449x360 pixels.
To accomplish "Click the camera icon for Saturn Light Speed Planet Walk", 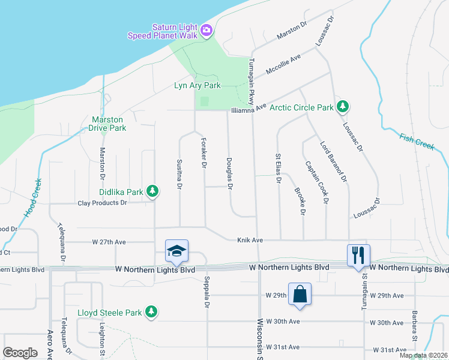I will click(x=206, y=30).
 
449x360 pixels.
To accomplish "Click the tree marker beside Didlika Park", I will click(x=153, y=191).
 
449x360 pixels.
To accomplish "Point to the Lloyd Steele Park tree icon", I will click(x=152, y=311).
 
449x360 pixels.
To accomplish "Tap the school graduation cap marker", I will click(x=176, y=251).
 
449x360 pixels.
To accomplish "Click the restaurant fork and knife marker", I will click(x=358, y=255).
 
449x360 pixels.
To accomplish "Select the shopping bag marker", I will click(x=300, y=295).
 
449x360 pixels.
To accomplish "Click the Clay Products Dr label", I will click(x=103, y=203).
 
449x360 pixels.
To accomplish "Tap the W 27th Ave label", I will click(x=109, y=242).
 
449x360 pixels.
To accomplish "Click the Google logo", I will click(x=20, y=352).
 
